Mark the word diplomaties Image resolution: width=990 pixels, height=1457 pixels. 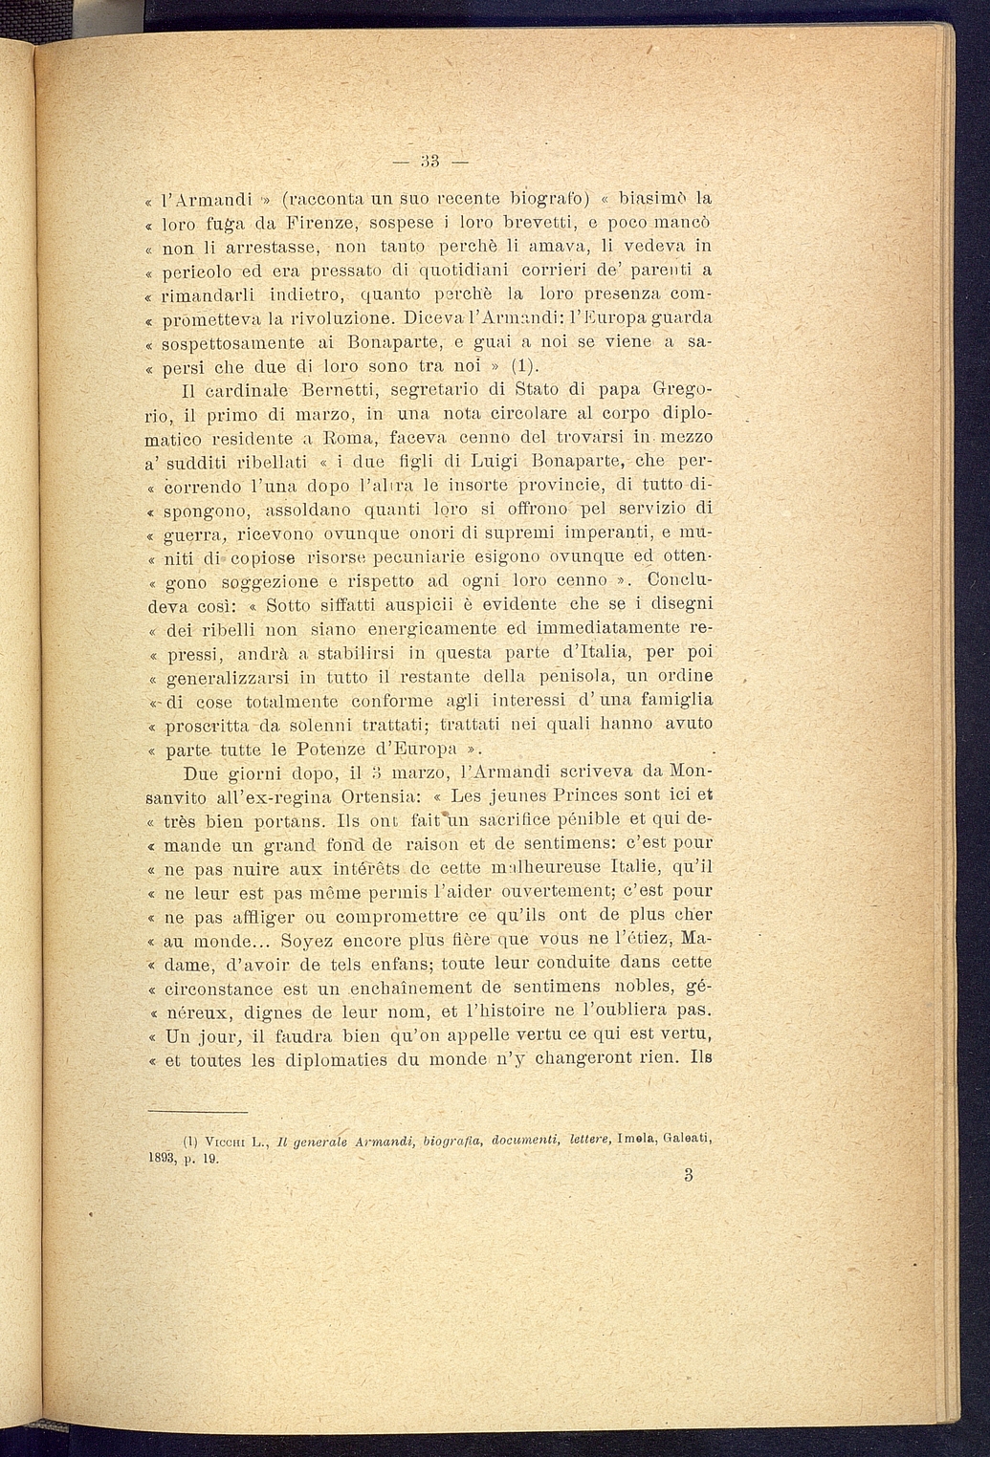coord(322,1060)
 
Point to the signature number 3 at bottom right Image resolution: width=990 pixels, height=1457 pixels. coord(688,1176)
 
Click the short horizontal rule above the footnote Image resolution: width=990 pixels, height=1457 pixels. coord(199,1111)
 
